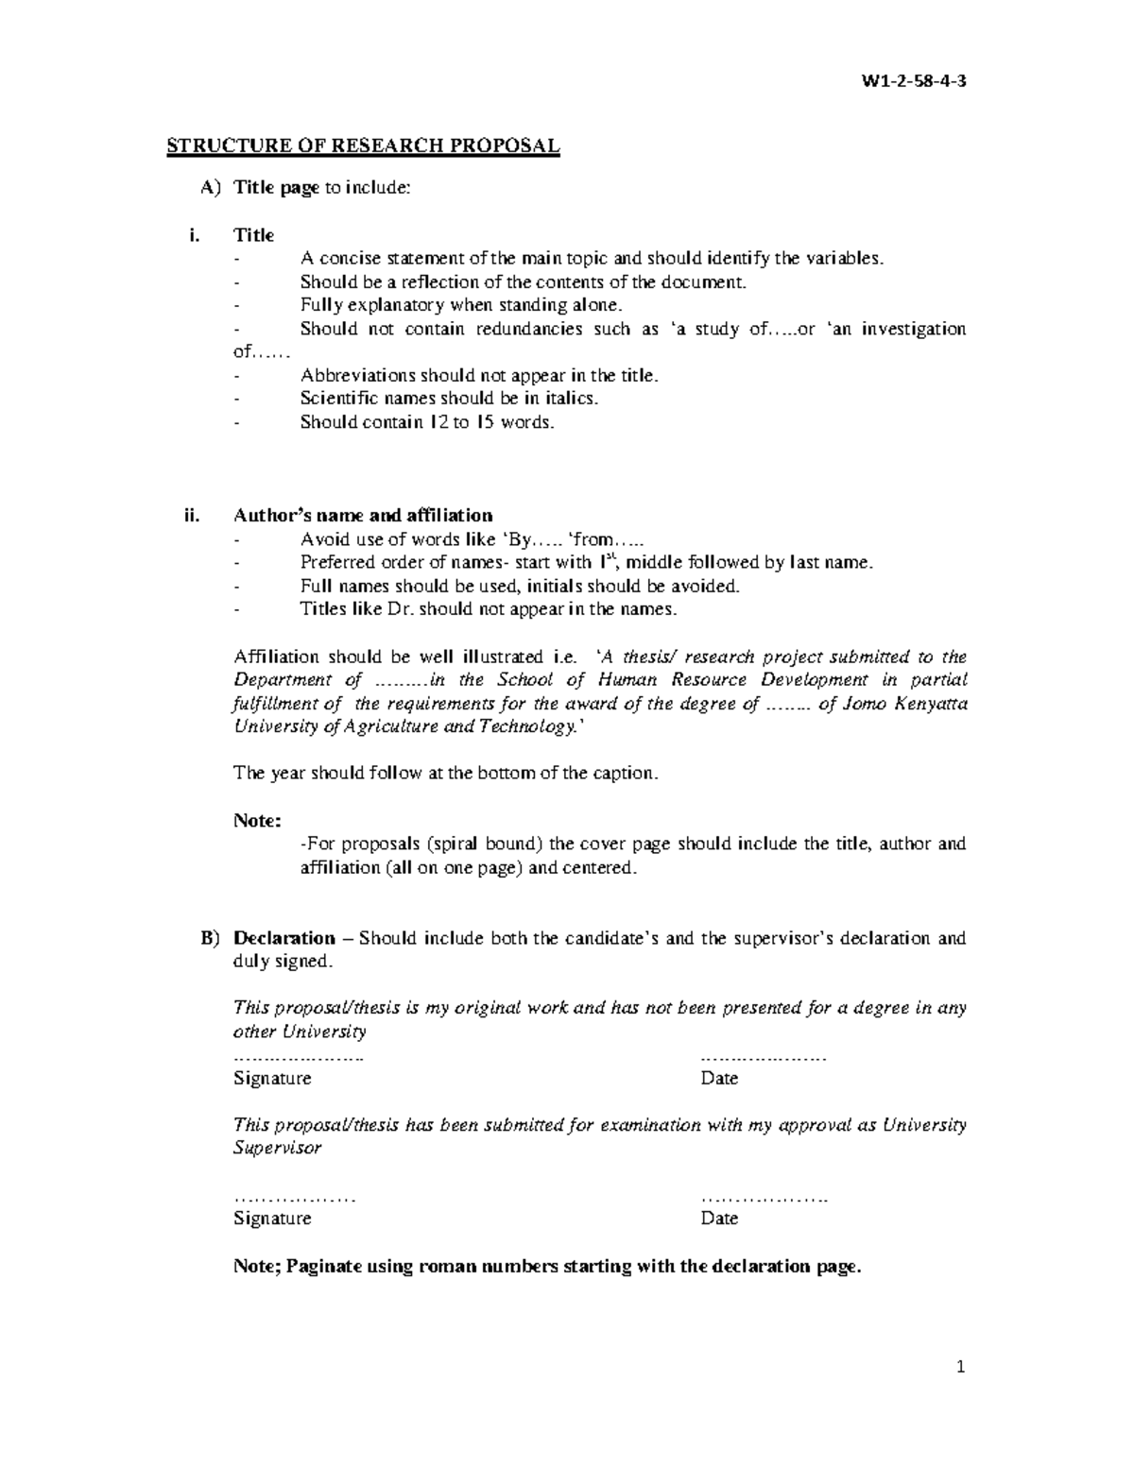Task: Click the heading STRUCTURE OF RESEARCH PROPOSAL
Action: click(364, 145)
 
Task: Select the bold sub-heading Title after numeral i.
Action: click(254, 235)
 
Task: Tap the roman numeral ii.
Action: click(193, 516)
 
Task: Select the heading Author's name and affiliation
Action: click(363, 516)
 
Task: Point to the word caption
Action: click(624, 774)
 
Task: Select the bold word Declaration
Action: click(284, 938)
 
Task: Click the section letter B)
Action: click(210, 938)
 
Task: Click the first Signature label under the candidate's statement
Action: click(272, 1079)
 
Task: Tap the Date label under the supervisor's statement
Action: click(719, 1219)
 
